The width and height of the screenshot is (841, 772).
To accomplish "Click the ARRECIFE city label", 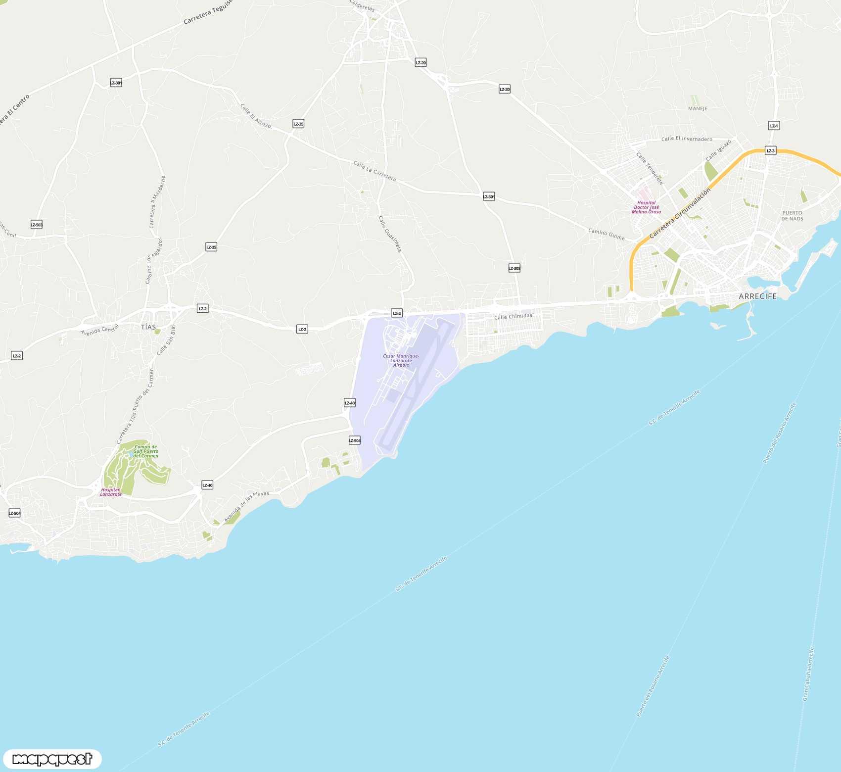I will coord(757,296).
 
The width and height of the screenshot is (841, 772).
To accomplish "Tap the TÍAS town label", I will coord(148,327).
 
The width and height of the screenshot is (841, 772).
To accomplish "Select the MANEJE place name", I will coord(698,109).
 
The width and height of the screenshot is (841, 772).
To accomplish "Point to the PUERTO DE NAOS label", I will coord(792,216).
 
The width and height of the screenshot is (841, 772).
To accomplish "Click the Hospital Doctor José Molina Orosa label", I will coord(646,207).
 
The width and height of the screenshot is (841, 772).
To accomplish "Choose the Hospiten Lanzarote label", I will coord(111,492).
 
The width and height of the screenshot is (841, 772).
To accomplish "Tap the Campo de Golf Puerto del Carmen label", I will coord(146,451).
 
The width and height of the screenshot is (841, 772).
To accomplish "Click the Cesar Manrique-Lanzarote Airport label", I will coord(401,360).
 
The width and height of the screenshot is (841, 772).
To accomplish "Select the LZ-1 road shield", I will coord(774,126).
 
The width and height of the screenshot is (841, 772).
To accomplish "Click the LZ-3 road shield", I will coord(770,150).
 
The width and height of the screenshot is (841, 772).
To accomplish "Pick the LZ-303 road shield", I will coord(514,268).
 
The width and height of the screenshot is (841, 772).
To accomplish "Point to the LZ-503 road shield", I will coord(37,225).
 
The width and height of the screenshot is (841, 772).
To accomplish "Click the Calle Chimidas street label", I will coord(513,316).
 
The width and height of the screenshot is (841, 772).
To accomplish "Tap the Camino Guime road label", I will coord(606,234).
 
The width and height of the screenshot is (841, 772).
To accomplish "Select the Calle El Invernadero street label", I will coord(687,139).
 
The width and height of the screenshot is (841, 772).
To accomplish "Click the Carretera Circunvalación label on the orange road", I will coord(680,213).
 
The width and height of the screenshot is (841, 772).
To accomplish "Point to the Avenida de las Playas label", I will coord(246,506).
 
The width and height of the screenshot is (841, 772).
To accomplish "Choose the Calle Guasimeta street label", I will coord(389,234).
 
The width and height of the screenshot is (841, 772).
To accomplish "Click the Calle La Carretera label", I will coord(374,171).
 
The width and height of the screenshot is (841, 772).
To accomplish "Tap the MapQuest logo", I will coord(52,759).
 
